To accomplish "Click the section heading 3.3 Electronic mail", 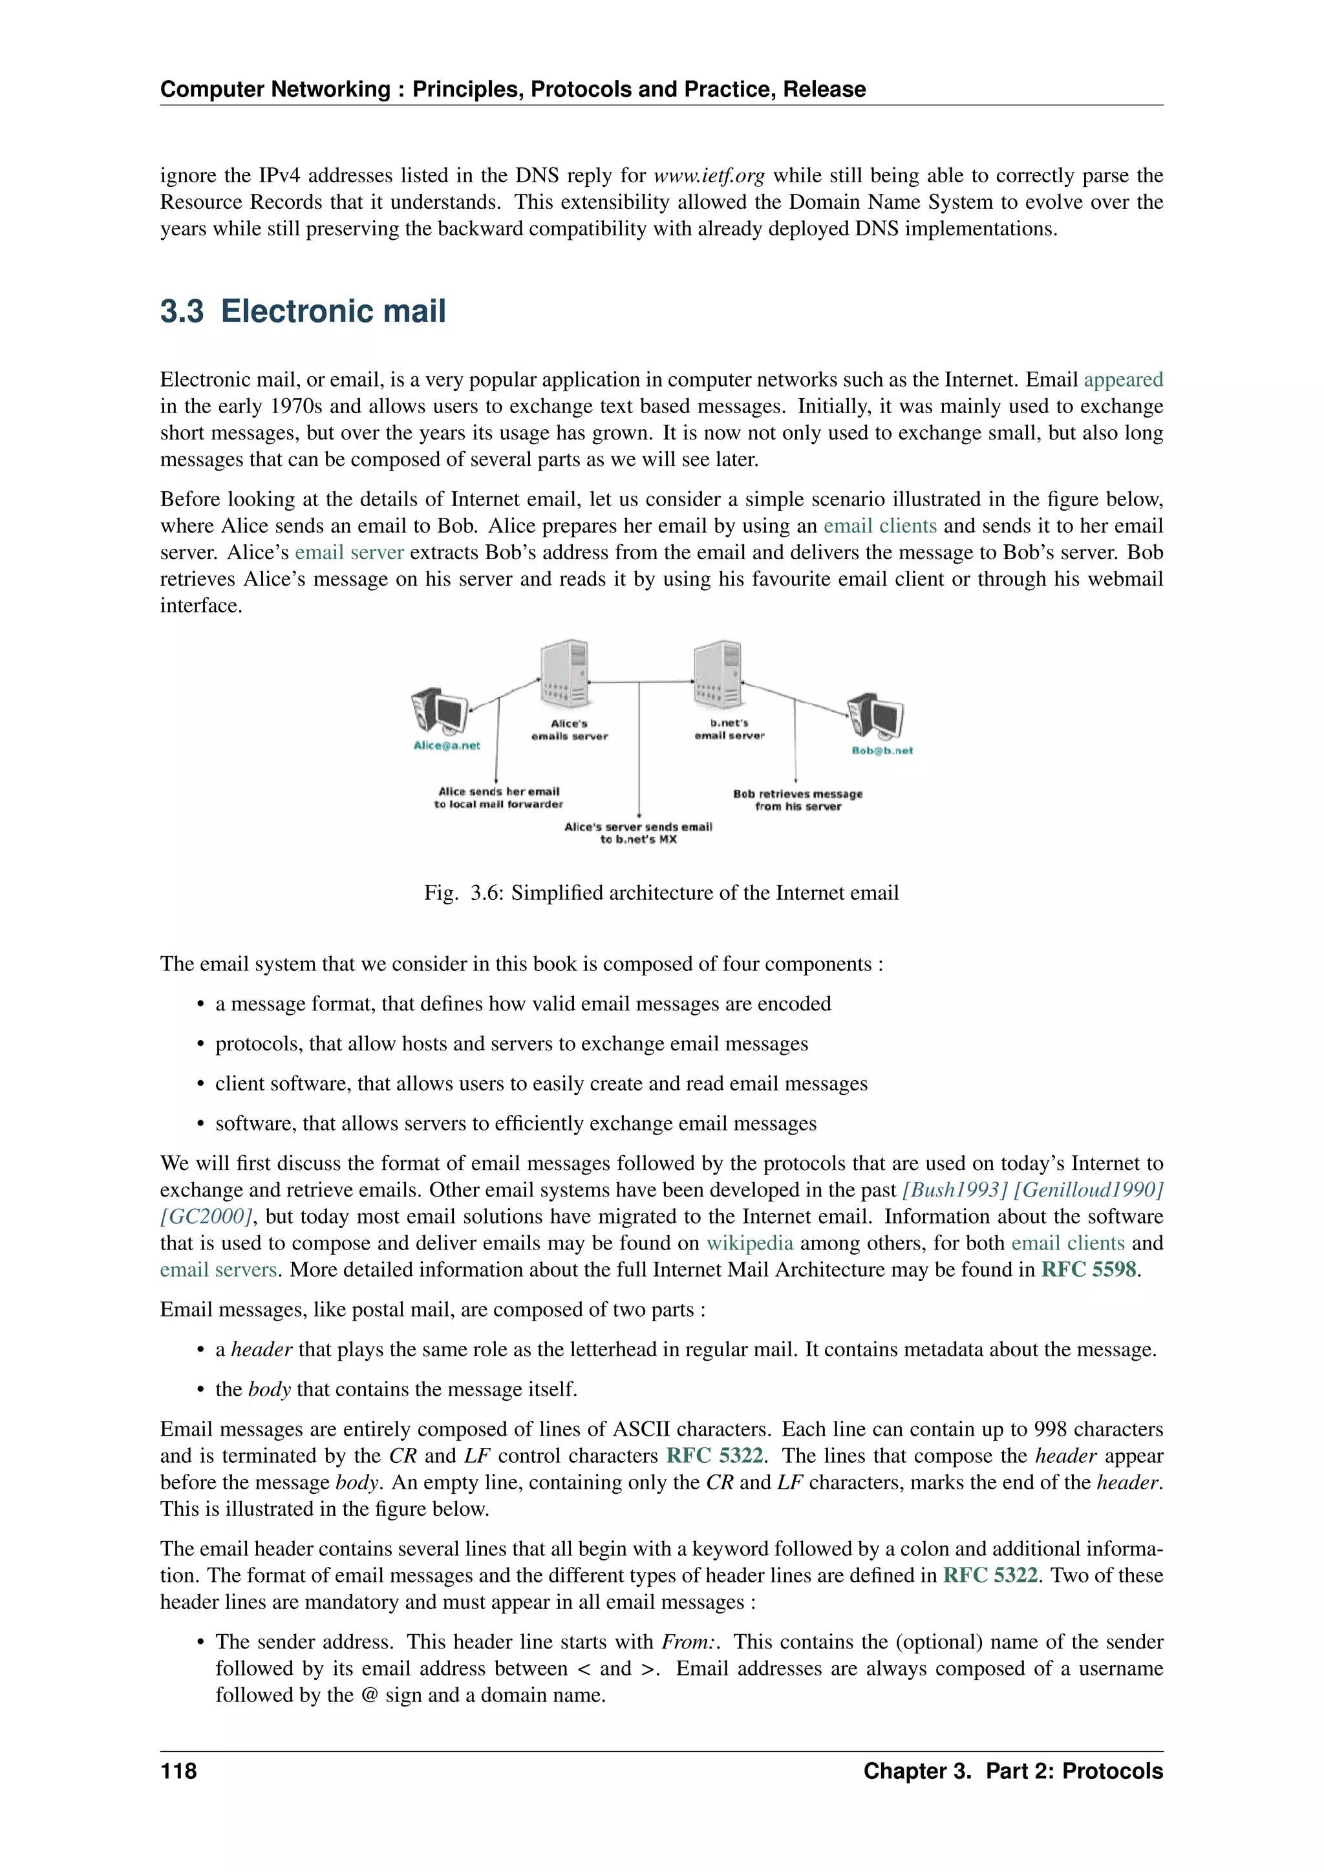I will [303, 312].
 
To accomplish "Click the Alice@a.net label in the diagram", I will [447, 745].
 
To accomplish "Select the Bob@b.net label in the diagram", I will [882, 750].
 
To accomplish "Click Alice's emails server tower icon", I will [565, 674].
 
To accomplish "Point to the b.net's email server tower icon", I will [718, 674].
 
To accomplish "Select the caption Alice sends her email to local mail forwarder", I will [499, 798].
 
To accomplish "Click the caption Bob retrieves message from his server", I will [797, 800].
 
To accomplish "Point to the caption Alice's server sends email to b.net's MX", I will [638, 833].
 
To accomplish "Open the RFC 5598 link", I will [1089, 1270].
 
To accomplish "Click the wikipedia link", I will [749, 1242].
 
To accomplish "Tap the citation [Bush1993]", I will [955, 1189].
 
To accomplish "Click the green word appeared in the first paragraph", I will [1123, 379].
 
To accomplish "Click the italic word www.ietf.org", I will [709, 175].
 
